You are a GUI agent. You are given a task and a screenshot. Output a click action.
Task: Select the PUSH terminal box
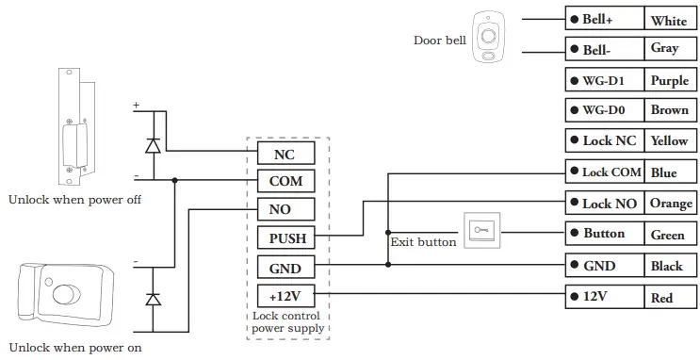284,239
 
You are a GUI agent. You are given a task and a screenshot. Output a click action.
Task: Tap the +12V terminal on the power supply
284,296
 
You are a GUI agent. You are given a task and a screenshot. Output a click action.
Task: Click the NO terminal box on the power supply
284,210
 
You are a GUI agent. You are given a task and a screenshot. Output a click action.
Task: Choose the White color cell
669,20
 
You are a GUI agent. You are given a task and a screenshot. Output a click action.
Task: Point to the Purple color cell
669,81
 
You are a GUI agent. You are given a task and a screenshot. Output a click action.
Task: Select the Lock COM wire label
605,172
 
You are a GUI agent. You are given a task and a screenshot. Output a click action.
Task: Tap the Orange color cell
669,204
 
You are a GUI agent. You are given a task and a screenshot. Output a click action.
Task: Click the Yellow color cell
669,140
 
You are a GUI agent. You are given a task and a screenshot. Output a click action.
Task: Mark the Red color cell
669,298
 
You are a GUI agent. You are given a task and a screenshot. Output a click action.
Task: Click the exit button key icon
481,230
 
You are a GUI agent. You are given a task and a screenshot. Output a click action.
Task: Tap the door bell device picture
488,40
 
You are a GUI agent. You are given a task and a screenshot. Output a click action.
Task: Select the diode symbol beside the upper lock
152,145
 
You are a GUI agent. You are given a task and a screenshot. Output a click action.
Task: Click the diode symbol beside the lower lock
152,298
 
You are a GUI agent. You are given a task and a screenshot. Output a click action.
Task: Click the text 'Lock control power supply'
288,322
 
